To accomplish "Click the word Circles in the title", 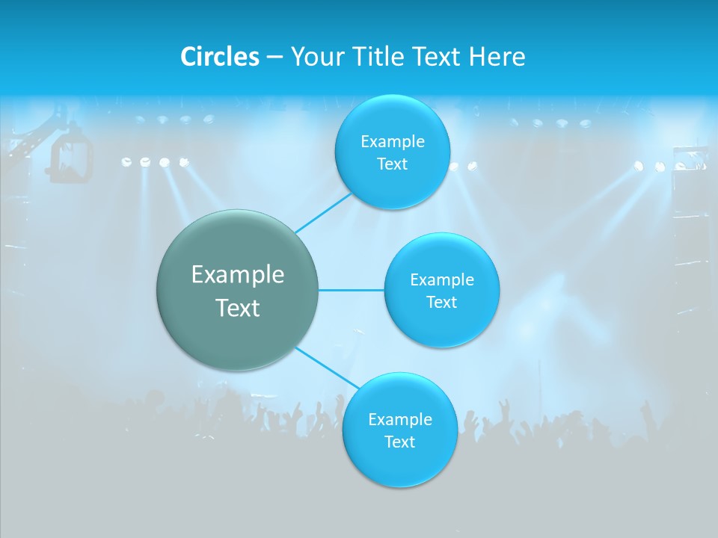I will click(x=219, y=56).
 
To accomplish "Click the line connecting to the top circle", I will click(x=323, y=212).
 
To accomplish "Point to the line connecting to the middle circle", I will click(x=352, y=290).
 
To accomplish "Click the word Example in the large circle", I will click(x=238, y=275).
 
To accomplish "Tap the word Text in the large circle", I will click(x=238, y=308).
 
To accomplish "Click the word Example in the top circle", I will click(x=393, y=141).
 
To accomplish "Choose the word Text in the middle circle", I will click(x=441, y=302).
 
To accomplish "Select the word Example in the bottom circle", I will click(x=400, y=419).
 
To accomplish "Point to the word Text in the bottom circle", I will click(x=399, y=442).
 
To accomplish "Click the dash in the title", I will click(x=274, y=57).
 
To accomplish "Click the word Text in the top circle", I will click(x=392, y=164).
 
